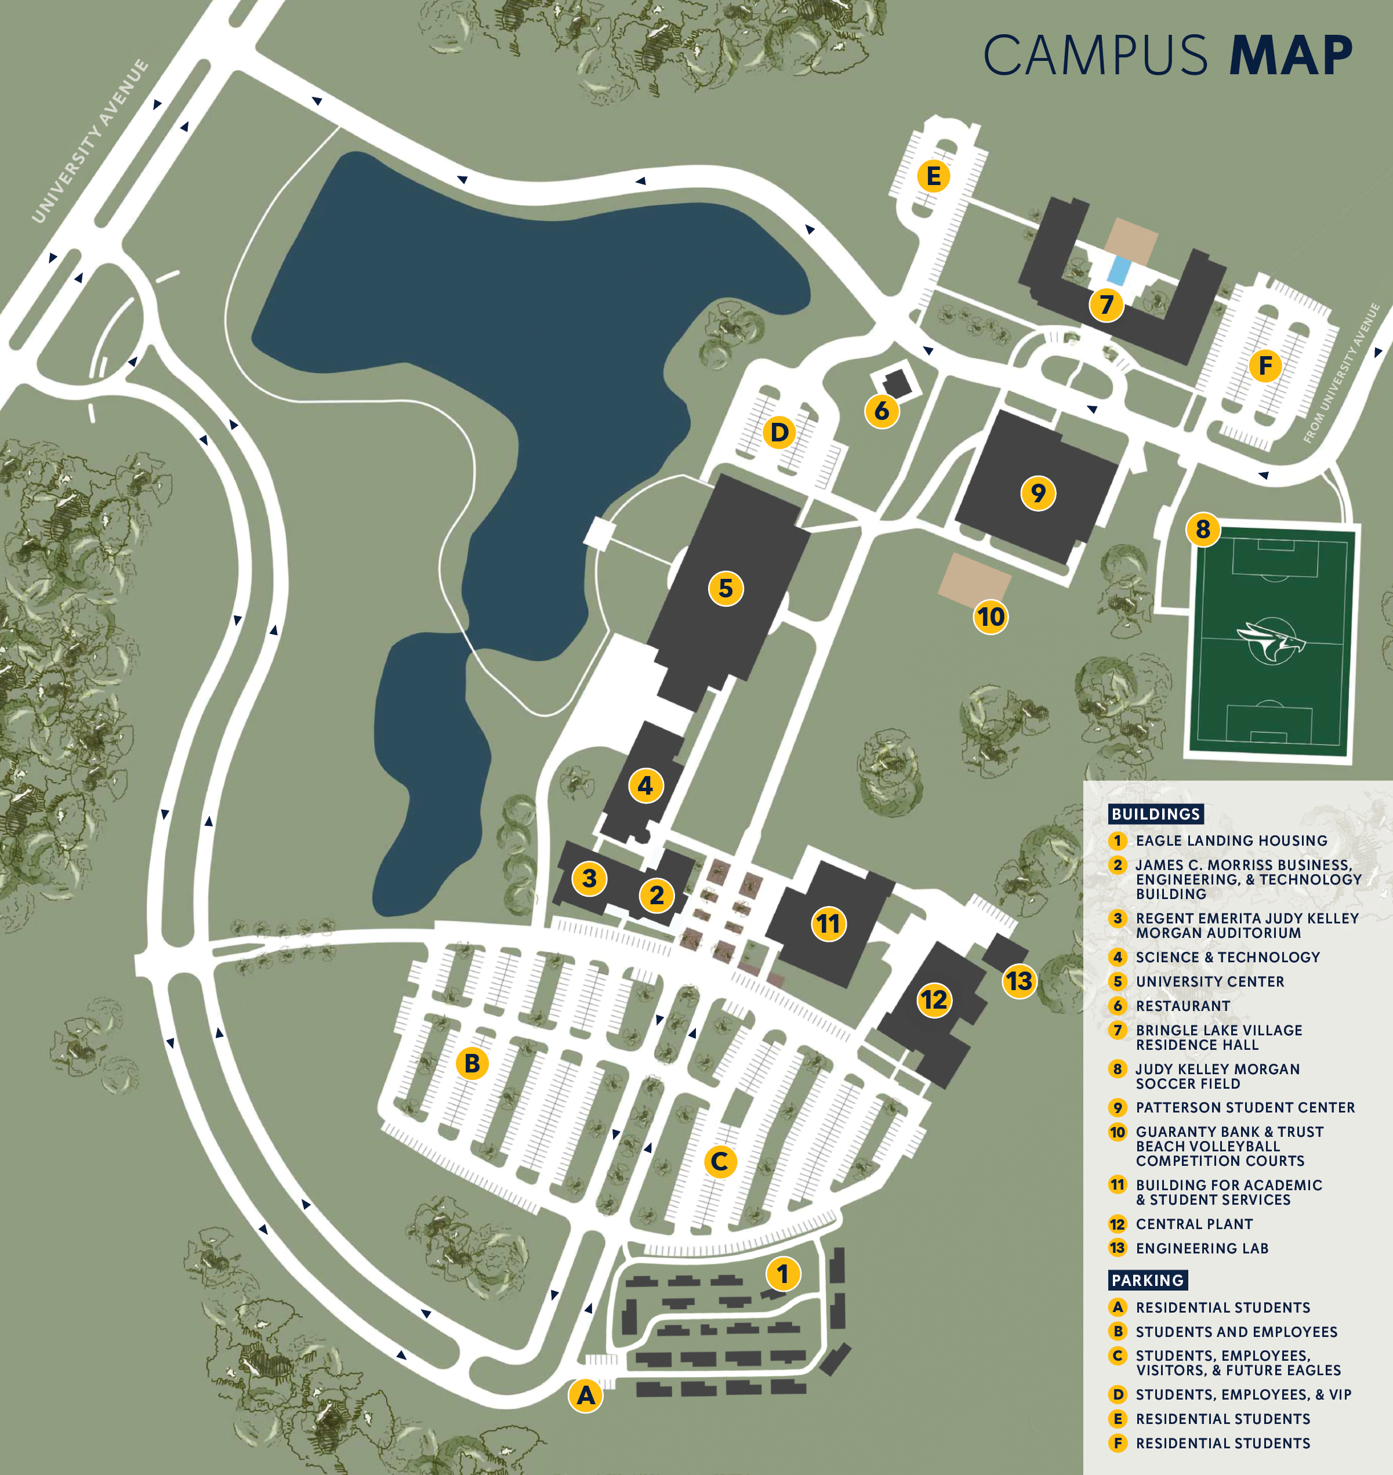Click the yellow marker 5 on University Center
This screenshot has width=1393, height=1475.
[x=725, y=588]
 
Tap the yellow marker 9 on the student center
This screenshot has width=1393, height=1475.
[x=1038, y=492]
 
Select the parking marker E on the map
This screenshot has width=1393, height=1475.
[x=933, y=177]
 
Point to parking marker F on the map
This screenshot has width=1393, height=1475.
[x=1265, y=365]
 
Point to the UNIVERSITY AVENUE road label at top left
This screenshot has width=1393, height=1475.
[x=90, y=141]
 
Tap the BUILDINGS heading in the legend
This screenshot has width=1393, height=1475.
[x=1155, y=814]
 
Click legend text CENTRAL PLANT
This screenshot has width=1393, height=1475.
[x=1194, y=1224]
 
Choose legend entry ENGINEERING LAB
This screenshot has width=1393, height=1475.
[x=1202, y=1248]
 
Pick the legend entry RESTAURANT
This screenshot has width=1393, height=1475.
[x=1183, y=1006]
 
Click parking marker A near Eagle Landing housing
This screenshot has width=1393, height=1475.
[x=586, y=1396]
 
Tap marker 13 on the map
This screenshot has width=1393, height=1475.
[x=1019, y=981]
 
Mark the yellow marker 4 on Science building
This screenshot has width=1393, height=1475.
[x=645, y=785]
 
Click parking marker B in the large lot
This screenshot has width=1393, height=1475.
[x=472, y=1063]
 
